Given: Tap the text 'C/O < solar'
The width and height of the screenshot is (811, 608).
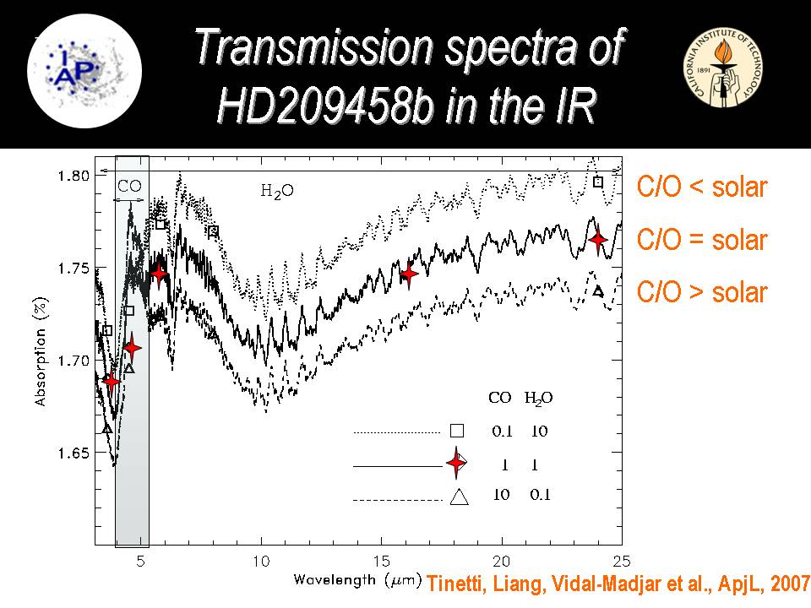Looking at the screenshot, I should [701, 187].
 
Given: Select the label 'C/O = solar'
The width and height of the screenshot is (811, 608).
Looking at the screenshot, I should [701, 240].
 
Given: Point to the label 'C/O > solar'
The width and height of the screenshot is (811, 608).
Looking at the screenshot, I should [701, 292].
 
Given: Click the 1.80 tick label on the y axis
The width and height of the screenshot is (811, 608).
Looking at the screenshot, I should [73, 176].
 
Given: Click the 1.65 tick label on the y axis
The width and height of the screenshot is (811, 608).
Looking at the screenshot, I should [73, 453].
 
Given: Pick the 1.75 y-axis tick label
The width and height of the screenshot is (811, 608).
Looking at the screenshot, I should [73, 269].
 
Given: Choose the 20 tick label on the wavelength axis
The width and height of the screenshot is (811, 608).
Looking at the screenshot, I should [502, 561].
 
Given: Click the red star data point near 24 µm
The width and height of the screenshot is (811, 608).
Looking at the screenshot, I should [598, 240].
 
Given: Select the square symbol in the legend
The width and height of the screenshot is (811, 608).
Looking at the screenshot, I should [457, 431].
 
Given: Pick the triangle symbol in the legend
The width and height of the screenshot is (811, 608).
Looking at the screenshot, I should [459, 497].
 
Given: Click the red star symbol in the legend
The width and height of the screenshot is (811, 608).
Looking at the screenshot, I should [457, 463].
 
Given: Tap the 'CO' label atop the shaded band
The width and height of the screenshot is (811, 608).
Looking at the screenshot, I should [129, 185].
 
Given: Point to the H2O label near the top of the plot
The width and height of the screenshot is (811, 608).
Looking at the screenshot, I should [276, 191].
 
